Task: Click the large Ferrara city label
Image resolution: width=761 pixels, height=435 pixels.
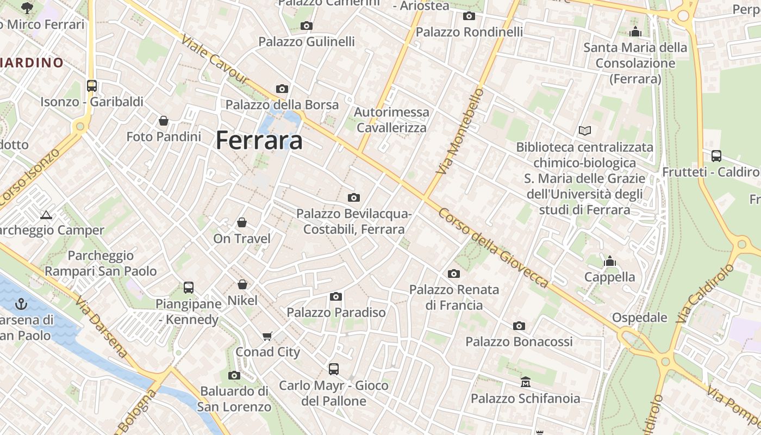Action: [x=259, y=140]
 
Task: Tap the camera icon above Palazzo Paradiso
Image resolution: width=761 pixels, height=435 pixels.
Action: [x=336, y=296]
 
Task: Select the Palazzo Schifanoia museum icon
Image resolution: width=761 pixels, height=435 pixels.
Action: [x=525, y=382]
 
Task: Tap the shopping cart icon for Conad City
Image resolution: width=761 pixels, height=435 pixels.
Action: [x=267, y=336]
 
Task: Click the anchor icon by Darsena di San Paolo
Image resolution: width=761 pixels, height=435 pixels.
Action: [x=22, y=303]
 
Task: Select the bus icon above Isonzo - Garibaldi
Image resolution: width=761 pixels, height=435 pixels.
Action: [x=91, y=85]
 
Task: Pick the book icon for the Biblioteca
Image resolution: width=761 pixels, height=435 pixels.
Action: [x=584, y=130]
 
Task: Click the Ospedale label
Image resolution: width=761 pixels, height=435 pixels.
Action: [x=639, y=318]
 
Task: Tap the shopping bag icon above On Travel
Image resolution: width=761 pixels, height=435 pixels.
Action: [x=242, y=222]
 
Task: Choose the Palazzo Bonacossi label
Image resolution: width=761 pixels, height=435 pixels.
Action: [x=519, y=342]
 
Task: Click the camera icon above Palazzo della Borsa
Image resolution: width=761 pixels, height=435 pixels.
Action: [x=282, y=89]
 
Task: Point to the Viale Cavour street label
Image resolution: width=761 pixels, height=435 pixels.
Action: [x=214, y=60]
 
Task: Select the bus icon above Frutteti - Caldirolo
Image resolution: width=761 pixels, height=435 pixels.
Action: [x=716, y=156]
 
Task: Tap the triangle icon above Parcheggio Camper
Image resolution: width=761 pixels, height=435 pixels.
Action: [x=46, y=215]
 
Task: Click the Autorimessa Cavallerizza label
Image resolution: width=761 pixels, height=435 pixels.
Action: [x=391, y=120]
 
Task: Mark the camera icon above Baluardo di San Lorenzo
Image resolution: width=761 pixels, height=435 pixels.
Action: [x=234, y=375]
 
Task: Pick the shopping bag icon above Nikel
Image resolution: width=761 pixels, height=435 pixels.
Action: [x=242, y=284]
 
